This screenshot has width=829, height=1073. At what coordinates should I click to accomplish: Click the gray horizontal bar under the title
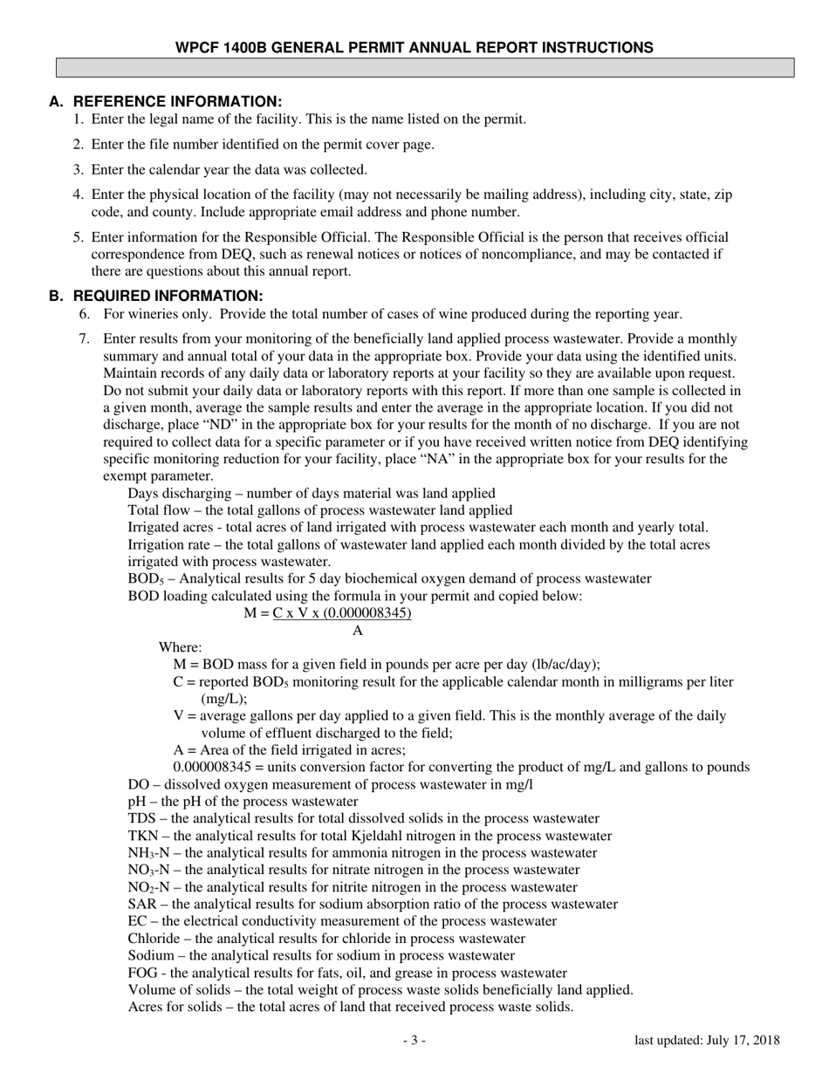coord(425,68)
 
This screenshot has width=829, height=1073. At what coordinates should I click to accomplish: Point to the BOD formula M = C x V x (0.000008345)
coord(327,613)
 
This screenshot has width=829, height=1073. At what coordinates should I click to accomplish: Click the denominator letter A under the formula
coord(358,631)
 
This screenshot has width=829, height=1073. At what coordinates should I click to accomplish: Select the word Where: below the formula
coord(180,647)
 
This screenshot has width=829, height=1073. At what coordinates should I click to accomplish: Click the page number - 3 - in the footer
coord(414,1040)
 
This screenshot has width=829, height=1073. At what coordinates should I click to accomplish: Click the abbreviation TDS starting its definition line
coord(141,818)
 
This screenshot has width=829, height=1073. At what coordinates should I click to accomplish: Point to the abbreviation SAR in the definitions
coord(141,905)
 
